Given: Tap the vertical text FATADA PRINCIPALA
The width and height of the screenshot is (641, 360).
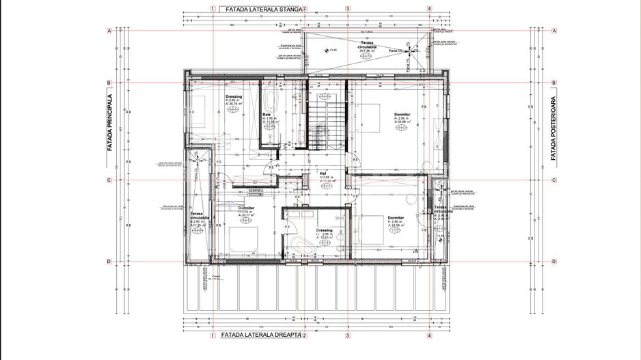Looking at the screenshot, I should (109, 131).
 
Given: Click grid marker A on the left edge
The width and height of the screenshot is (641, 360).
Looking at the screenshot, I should (109, 31).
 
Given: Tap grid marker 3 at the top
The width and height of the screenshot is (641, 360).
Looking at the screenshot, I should (347, 9).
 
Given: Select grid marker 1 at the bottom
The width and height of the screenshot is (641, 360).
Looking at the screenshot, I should (213, 335).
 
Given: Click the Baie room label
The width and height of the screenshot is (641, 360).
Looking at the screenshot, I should (267, 114).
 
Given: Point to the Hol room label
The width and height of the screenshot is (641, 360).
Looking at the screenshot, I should (323, 174).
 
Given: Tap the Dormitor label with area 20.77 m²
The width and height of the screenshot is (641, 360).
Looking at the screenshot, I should (246, 208).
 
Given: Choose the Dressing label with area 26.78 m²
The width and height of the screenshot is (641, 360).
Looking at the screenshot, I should (234, 97).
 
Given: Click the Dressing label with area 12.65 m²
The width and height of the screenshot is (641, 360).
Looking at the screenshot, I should (324, 231).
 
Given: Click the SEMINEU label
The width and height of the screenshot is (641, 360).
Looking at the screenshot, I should (256, 190).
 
